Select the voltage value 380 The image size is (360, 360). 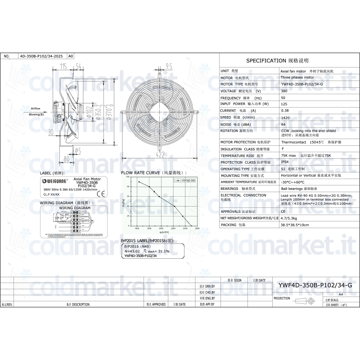click(283, 91)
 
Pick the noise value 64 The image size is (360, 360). click(283, 124)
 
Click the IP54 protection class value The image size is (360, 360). click(284, 162)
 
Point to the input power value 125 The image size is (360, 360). click(283, 104)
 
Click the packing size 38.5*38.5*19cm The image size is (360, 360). click(295, 225)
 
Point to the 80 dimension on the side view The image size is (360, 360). click(66, 158)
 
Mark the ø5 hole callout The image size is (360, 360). click(77, 151)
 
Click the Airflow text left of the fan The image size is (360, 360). click(35, 109)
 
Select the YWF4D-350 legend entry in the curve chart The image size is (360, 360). click(185, 180)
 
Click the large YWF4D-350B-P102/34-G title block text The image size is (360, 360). click(315, 285)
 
